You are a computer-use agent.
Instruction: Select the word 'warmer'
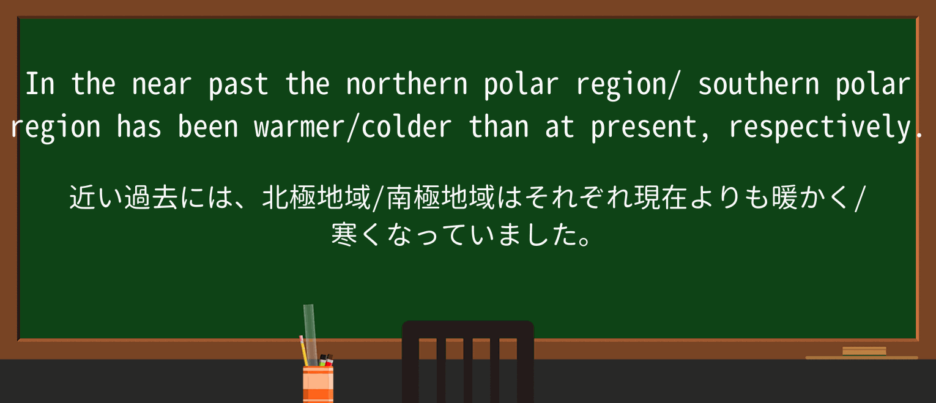tap(299, 128)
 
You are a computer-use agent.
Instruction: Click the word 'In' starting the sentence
tap(40, 84)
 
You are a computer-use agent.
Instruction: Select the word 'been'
tap(208, 128)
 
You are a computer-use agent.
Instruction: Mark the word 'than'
tap(499, 128)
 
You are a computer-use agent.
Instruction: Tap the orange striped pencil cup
tap(318, 384)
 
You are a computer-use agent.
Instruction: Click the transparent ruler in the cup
tap(310, 330)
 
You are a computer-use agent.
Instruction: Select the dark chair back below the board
tap(467, 361)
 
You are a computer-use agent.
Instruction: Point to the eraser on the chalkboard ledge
tap(864, 351)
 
